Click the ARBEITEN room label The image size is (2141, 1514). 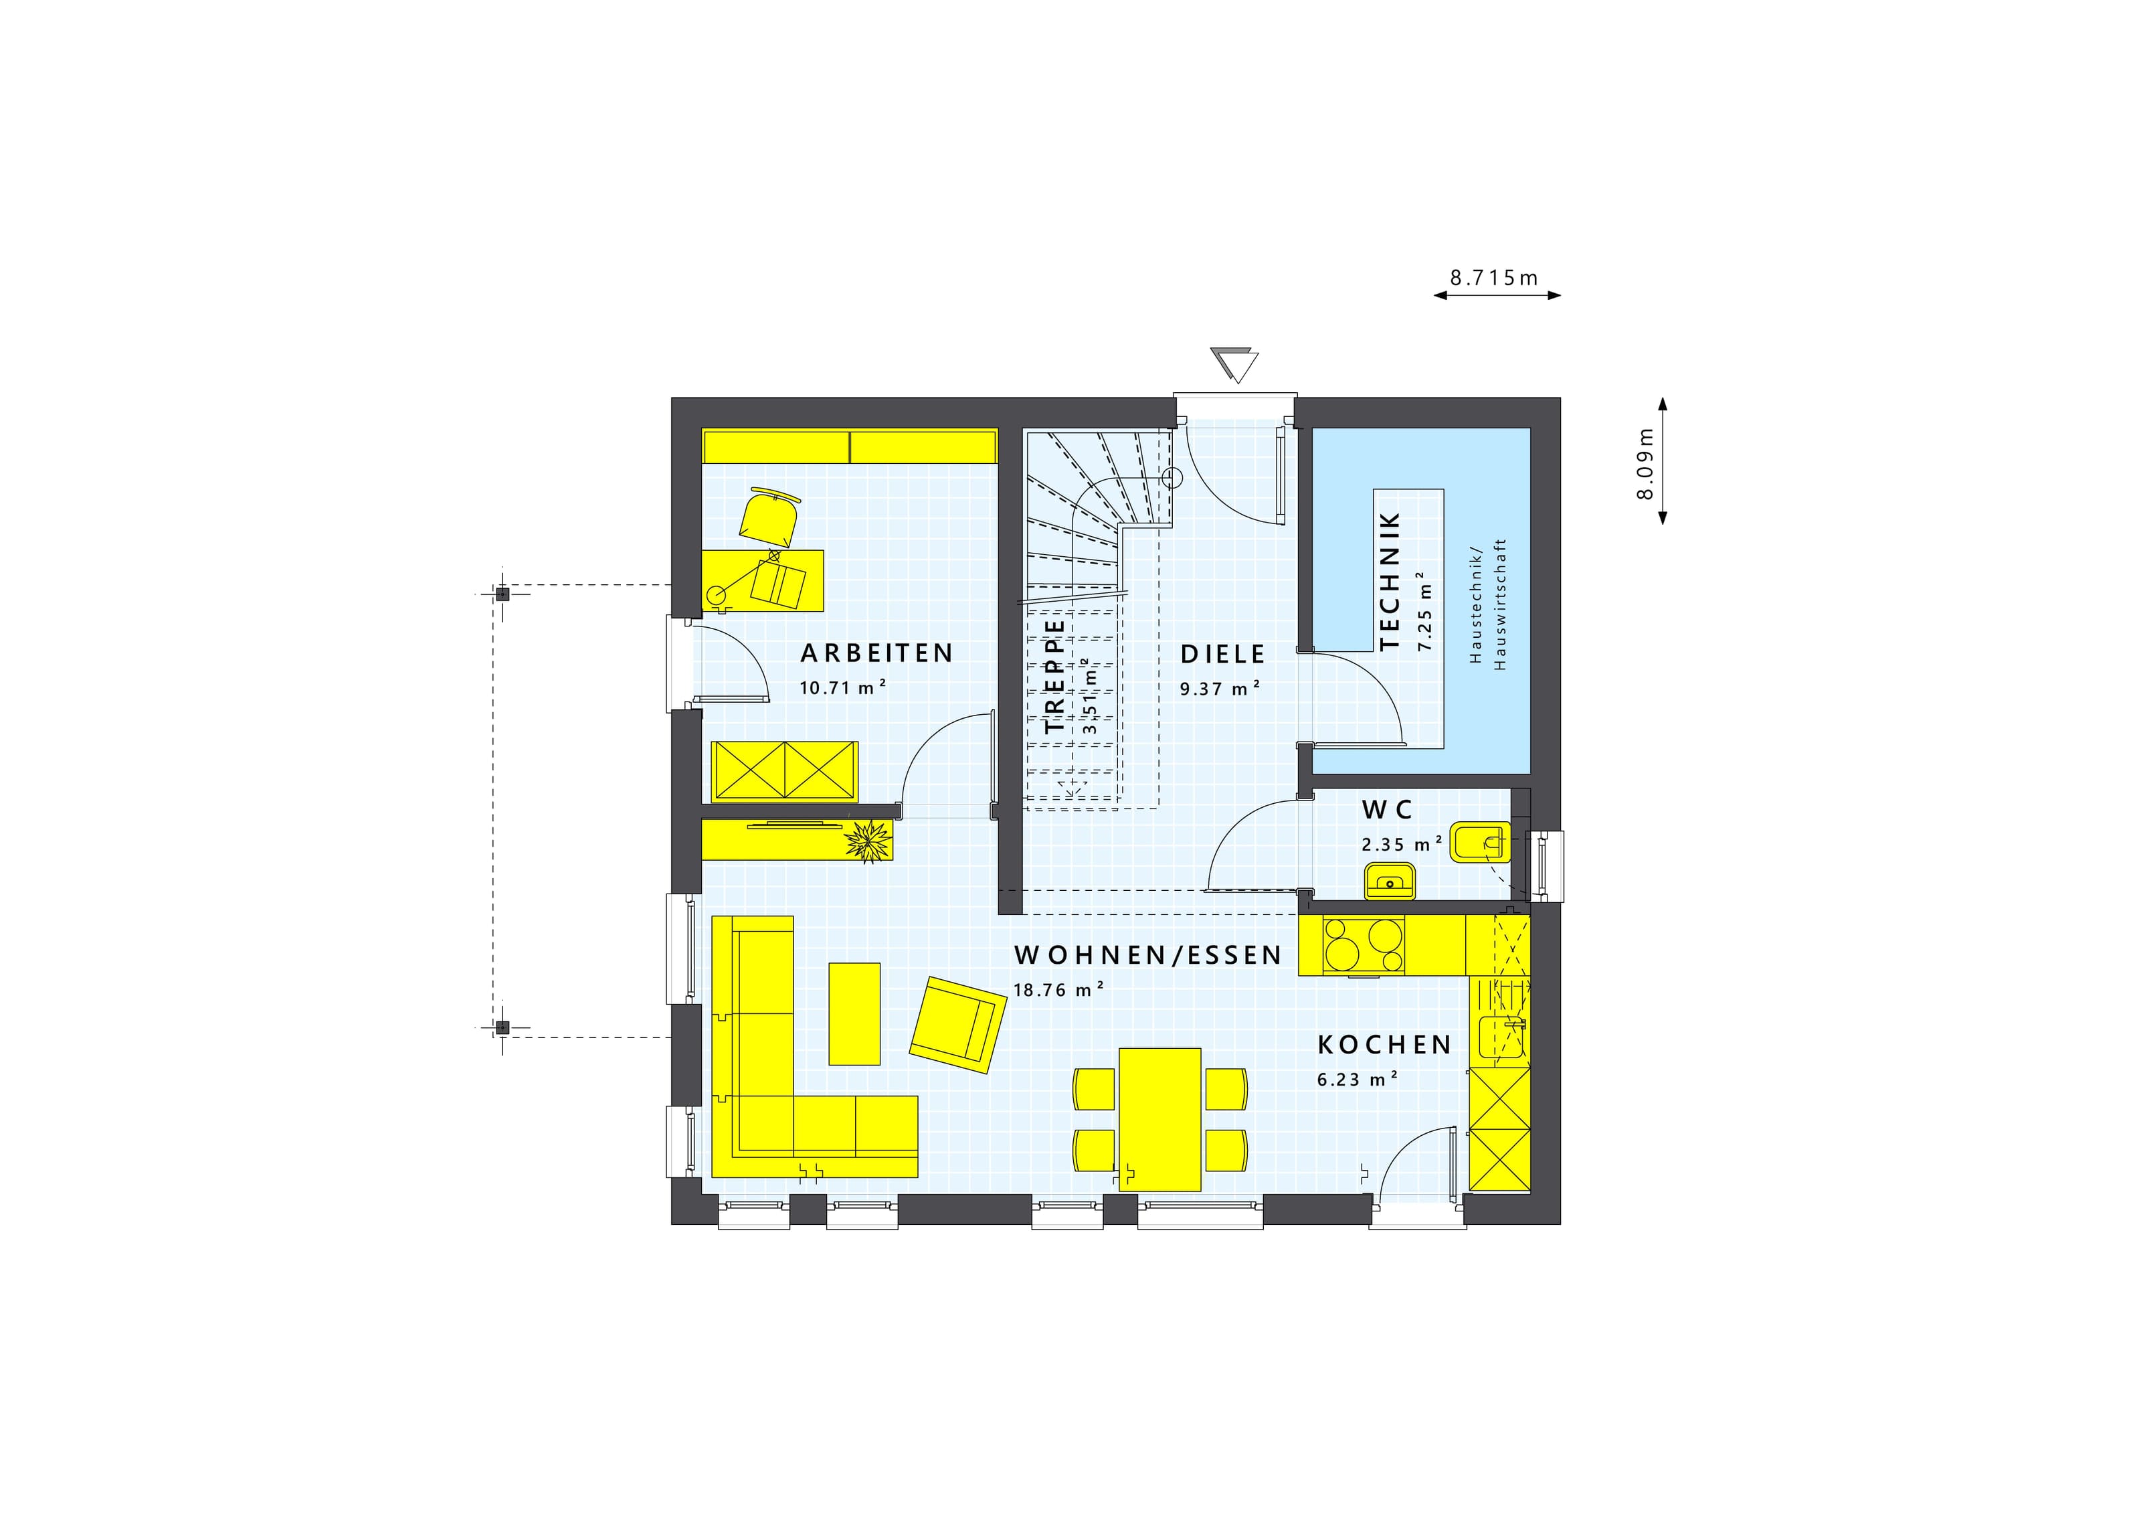point(876,653)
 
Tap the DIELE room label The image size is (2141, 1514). point(1222,654)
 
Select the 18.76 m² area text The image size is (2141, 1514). point(1058,989)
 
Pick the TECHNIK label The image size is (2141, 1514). point(1390,580)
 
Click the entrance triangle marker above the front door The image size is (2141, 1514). point(1234,365)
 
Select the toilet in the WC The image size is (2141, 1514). point(1480,843)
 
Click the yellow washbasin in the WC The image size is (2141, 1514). point(1390,881)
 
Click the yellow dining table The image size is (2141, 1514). point(1160,1119)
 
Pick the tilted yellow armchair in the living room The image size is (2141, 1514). point(959,1024)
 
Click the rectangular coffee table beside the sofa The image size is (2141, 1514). point(854,1013)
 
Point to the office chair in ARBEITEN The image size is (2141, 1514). point(770,517)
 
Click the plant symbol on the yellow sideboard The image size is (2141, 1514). point(867,841)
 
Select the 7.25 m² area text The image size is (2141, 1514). point(1424,611)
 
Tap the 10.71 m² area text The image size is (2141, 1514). point(842,687)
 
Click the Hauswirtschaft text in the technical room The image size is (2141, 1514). point(1499,604)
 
